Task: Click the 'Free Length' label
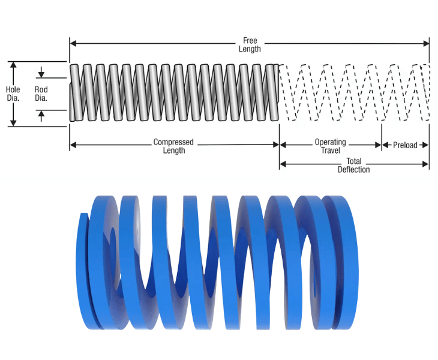coord(250,44)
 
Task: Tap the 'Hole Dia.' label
coord(13,94)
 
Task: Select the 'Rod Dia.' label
coord(41,94)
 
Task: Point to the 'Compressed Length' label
coord(173,146)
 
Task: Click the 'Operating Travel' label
coord(331,146)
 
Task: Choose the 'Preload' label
coord(405,145)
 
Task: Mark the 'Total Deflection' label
coord(353,165)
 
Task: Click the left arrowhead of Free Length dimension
coord(73,43)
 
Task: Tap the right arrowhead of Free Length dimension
coord(426,43)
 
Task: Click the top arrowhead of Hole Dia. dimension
coord(13,65)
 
